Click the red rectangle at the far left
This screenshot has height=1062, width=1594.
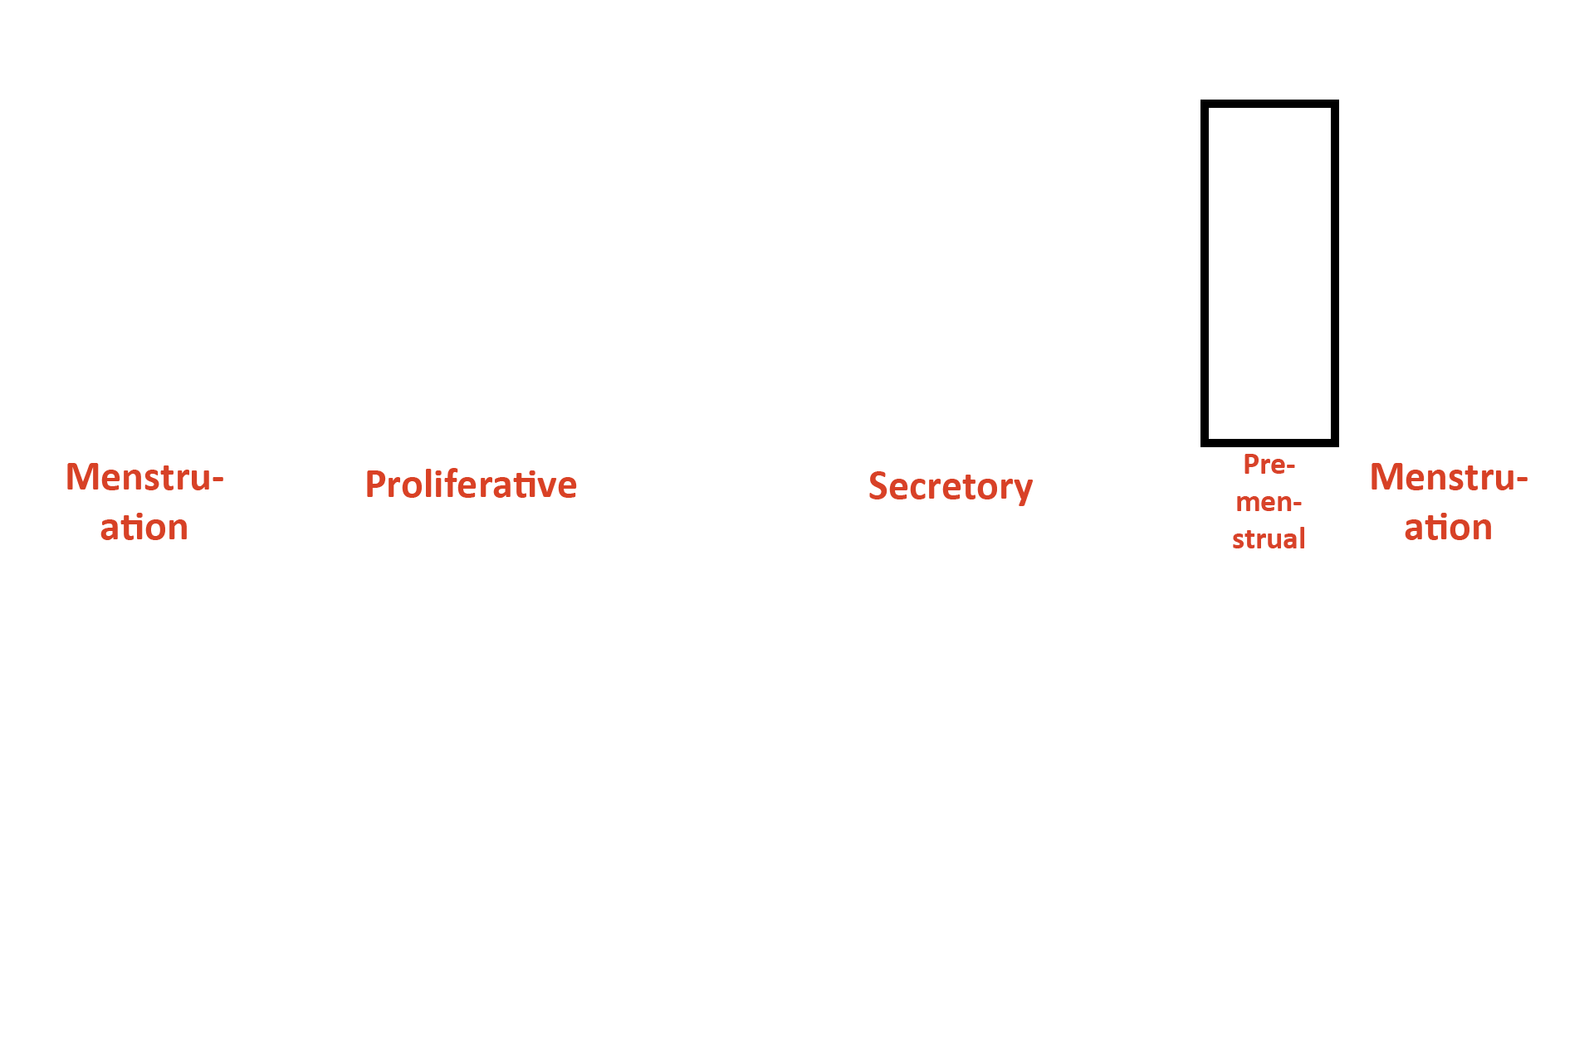(145, 501)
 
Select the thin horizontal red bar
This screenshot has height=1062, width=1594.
(472, 483)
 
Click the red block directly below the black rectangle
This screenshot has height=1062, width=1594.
(1268, 501)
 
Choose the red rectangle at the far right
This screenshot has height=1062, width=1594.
(1449, 501)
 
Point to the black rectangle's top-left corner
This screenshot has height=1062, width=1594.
(1202, 101)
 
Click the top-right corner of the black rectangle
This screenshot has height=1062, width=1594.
(1337, 101)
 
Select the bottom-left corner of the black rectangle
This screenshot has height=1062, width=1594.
(1202, 445)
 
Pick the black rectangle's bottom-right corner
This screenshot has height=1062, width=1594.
(1337, 445)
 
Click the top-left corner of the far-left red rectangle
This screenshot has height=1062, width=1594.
(69, 465)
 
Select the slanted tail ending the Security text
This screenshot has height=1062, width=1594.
(1026, 495)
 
